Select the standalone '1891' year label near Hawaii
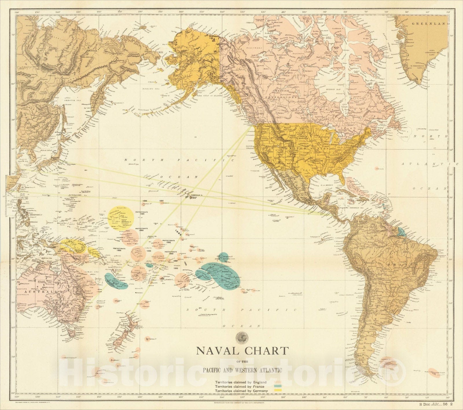pyautogui.click(x=161, y=201)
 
